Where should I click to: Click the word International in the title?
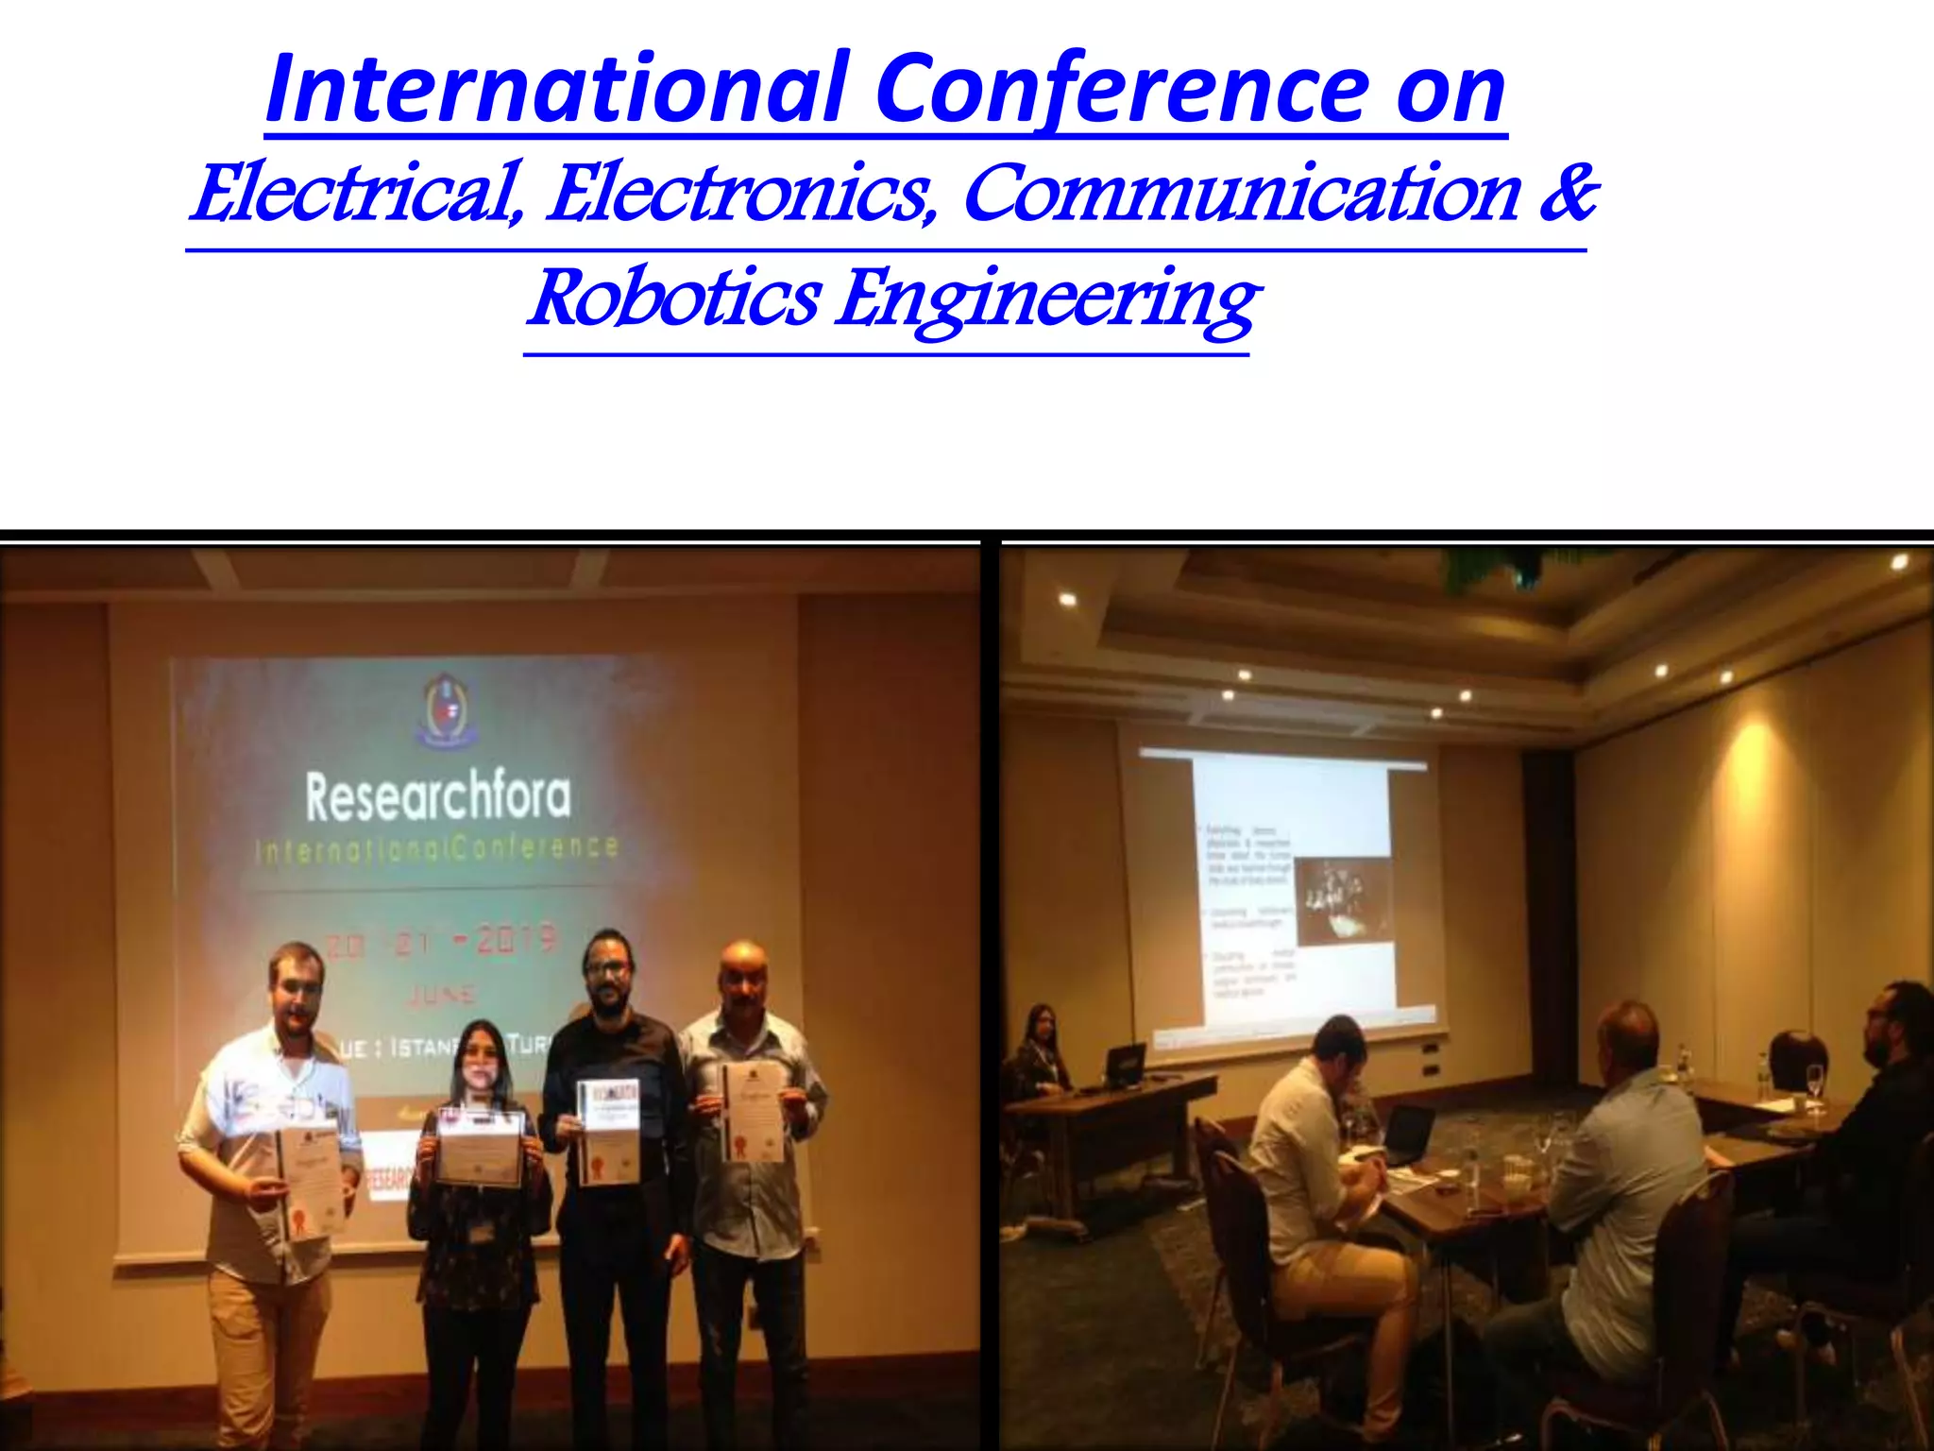click(557, 89)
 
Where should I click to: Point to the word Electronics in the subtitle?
click(741, 194)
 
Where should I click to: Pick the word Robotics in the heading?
click(673, 299)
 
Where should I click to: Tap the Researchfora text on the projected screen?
click(438, 797)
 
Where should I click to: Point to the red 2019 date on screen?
click(515, 940)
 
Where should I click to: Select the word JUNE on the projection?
click(442, 995)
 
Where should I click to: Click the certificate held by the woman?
click(479, 1147)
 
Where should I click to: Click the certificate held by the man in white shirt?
click(310, 1181)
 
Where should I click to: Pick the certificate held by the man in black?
click(608, 1132)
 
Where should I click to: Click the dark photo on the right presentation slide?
click(1344, 901)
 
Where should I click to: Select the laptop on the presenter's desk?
click(1124, 1067)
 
